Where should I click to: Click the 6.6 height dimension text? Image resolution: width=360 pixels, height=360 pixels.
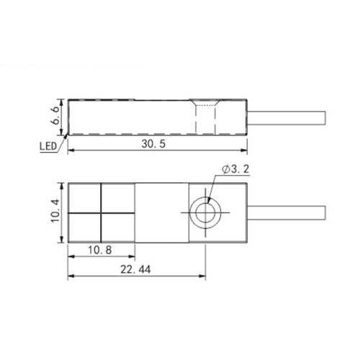click(x=55, y=116)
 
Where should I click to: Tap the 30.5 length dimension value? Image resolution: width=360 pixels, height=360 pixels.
click(x=153, y=144)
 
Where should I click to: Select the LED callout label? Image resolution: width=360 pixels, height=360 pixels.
click(x=48, y=146)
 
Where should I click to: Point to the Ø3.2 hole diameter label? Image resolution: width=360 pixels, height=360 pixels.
click(x=235, y=169)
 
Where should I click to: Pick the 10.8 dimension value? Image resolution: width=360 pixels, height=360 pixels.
click(x=100, y=250)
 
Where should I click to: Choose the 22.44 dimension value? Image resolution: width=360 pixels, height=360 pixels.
click(x=135, y=269)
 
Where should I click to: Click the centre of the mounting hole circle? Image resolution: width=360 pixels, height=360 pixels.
click(x=205, y=212)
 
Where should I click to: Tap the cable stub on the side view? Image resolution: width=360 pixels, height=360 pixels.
click(x=286, y=118)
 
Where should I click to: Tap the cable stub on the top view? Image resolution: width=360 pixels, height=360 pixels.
click(x=286, y=212)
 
